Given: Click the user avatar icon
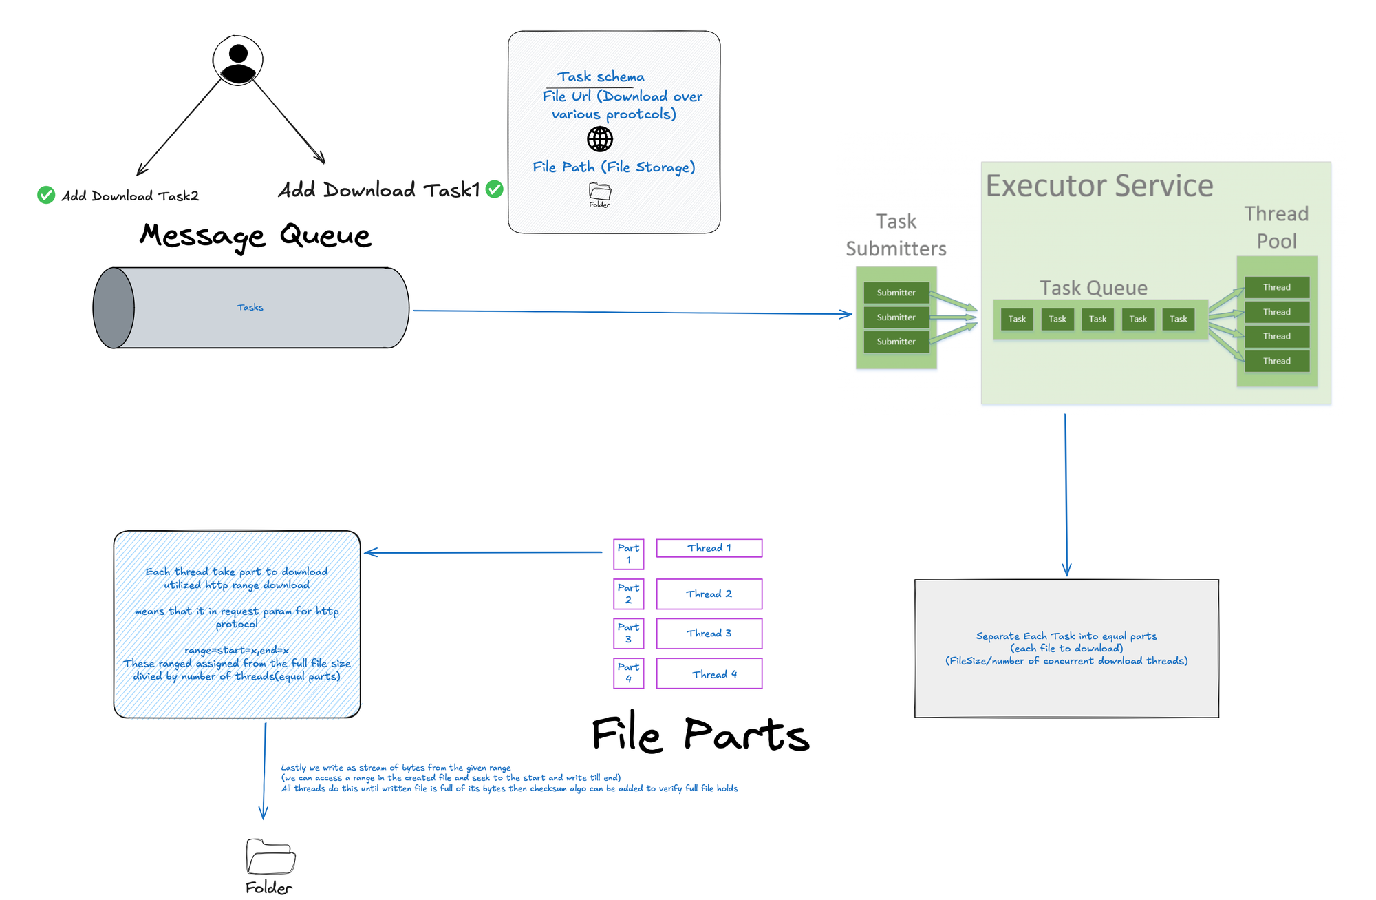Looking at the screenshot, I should [x=238, y=61].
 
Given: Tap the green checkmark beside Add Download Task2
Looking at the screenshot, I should [x=46, y=196].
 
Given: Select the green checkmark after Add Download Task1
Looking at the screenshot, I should [x=494, y=189].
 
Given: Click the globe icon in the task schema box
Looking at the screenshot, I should [x=600, y=139].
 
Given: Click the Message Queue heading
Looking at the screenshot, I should [x=255, y=236].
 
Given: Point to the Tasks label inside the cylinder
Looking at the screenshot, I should [x=250, y=307].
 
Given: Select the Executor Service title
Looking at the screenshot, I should [x=1099, y=186].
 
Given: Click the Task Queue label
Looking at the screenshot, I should [x=1093, y=288].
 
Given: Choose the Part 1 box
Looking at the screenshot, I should [x=628, y=554].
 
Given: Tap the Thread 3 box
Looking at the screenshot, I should [x=709, y=634].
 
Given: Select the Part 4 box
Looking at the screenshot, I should [x=628, y=673].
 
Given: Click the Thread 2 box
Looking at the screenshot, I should [x=709, y=594].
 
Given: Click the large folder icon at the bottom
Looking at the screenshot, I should [x=270, y=857].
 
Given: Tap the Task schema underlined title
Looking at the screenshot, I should [x=600, y=77].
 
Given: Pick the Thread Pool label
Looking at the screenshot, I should [x=1276, y=227].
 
